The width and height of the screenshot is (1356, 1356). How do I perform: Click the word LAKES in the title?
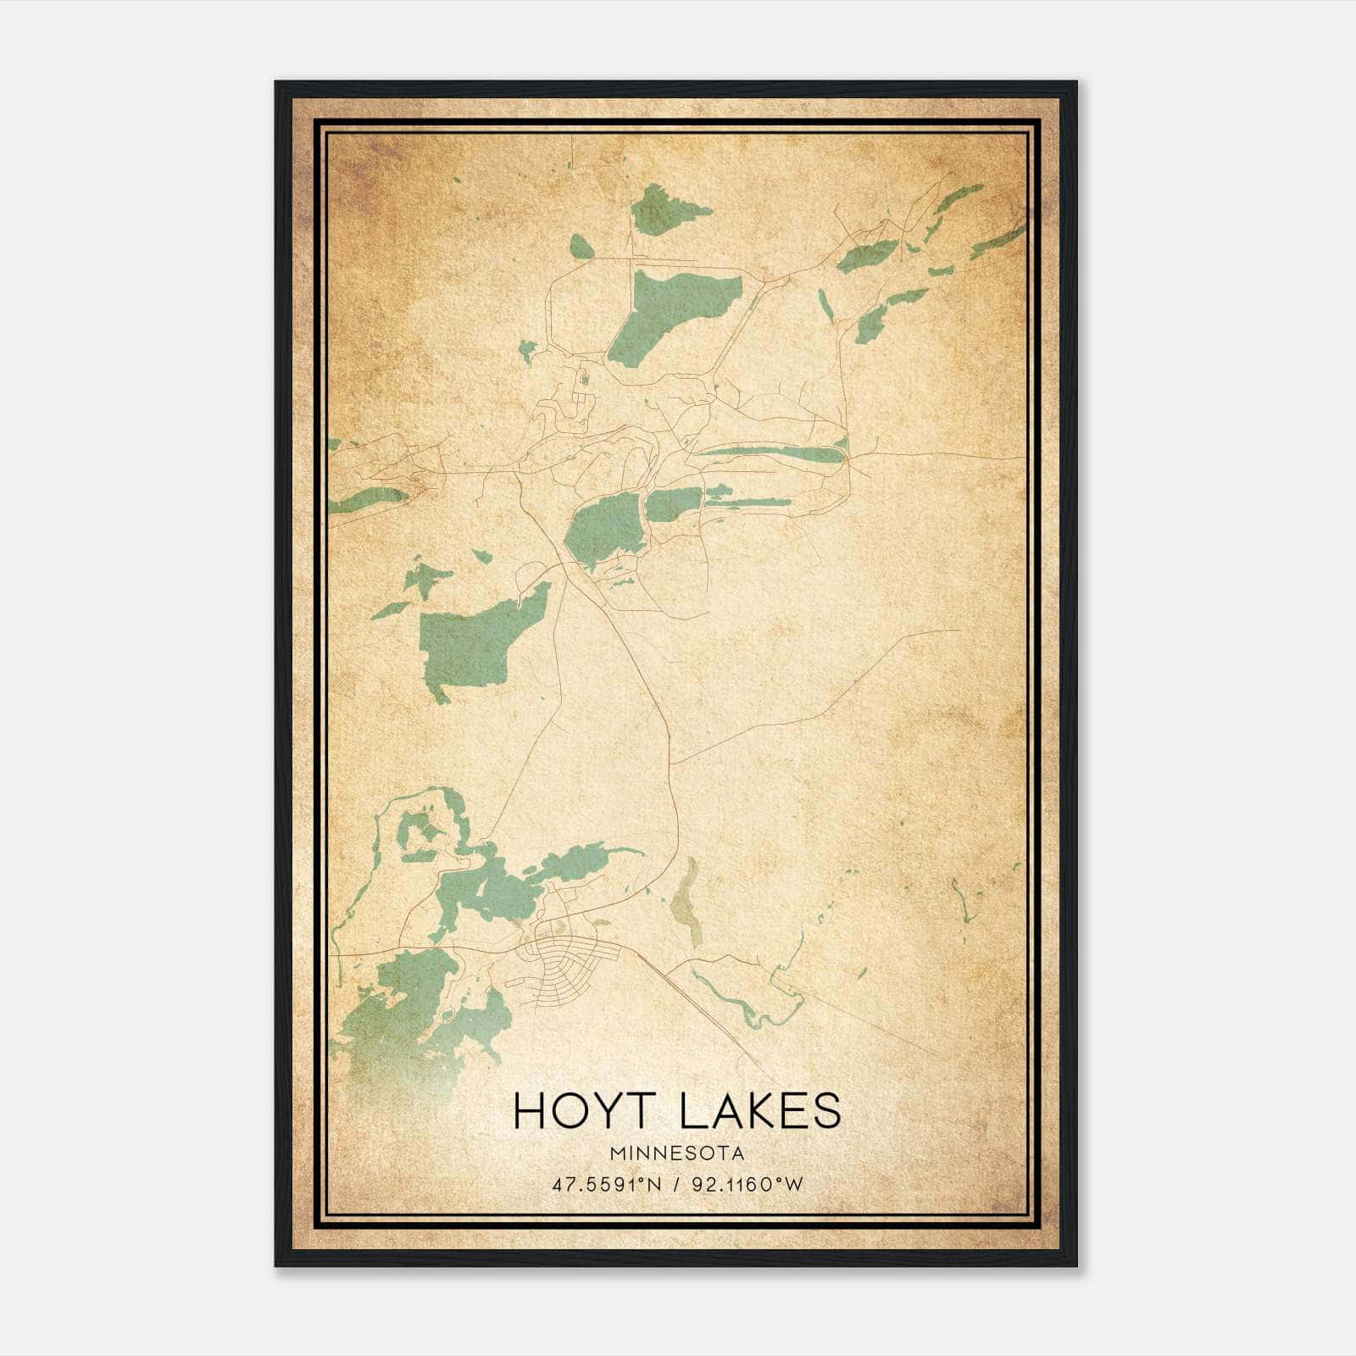pyautogui.click(x=761, y=1112)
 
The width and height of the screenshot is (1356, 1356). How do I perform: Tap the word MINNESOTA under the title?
pyautogui.click(x=676, y=1153)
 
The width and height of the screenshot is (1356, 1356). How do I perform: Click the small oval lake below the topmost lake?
pyautogui.click(x=581, y=247)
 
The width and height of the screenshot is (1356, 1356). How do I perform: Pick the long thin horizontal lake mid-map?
pyautogui.click(x=771, y=453)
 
